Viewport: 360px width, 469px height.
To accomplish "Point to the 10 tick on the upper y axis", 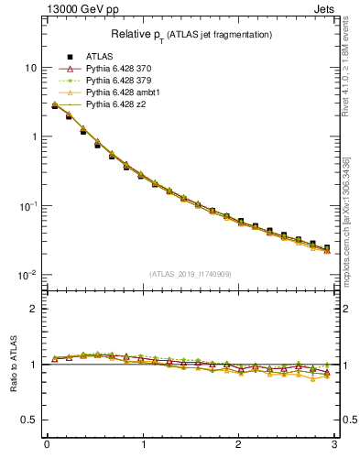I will pyautogui.click(x=30, y=68).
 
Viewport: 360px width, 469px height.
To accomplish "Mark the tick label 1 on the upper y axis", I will pyautogui.click(x=33, y=136).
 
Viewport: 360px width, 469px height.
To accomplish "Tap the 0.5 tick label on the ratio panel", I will pyautogui.click(x=29, y=420).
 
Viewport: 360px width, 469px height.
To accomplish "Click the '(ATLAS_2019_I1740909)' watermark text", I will pyautogui.click(x=191, y=273).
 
